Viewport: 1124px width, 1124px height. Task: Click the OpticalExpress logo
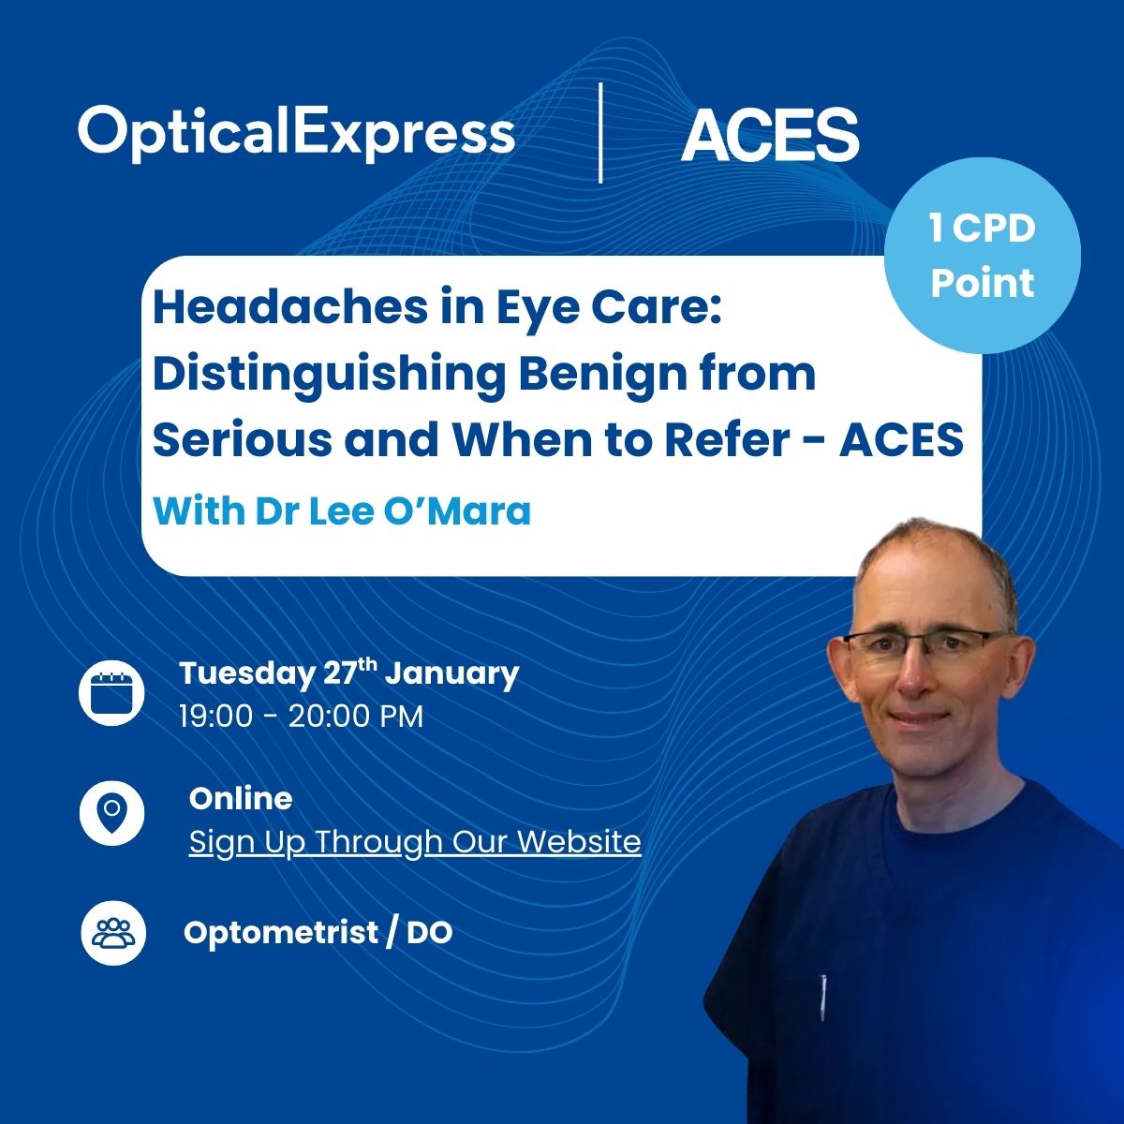(296, 132)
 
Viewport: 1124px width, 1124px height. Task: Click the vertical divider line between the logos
(600, 132)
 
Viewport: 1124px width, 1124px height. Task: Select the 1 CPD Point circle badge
(982, 255)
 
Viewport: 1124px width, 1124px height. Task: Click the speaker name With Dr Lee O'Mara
(341, 511)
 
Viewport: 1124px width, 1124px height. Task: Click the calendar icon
(111, 692)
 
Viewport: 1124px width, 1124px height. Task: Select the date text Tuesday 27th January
(348, 673)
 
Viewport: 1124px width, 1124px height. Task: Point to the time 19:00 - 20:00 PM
(301, 717)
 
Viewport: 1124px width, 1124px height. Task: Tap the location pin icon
(111, 811)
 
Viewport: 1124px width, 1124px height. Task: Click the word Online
(241, 798)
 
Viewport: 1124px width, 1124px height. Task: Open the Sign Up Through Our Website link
(415, 841)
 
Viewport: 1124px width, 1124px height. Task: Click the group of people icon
(112, 933)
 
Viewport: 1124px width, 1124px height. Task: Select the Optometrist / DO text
(318, 933)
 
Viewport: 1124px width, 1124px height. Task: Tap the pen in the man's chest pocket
(823, 995)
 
